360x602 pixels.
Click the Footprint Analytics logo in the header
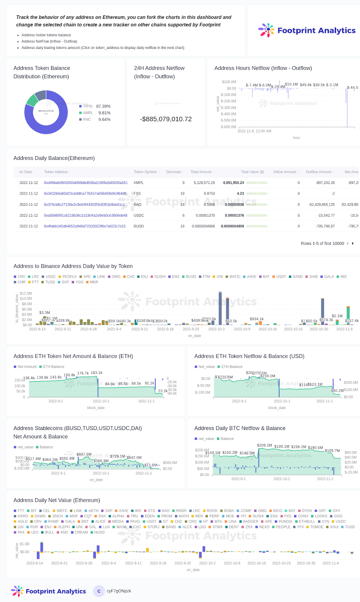point(307,30)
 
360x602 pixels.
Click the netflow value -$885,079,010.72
point(166,119)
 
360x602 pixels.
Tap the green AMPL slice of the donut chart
point(32,100)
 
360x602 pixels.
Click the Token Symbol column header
point(145,172)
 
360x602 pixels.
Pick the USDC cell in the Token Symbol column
point(139,216)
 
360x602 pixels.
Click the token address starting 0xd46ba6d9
point(86,183)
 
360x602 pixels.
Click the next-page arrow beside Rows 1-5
point(353,243)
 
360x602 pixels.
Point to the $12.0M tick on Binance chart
point(26,293)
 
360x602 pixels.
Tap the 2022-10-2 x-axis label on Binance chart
point(216,329)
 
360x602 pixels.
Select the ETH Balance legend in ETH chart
point(53,367)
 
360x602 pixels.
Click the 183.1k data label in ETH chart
point(97,373)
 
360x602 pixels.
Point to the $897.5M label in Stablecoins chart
point(84,455)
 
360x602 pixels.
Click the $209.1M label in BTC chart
point(264,445)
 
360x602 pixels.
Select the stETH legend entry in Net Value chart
point(93,511)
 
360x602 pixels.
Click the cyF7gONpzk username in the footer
point(119,591)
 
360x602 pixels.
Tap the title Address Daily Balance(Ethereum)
point(54,158)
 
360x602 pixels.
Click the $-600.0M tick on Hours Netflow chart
point(228,127)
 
